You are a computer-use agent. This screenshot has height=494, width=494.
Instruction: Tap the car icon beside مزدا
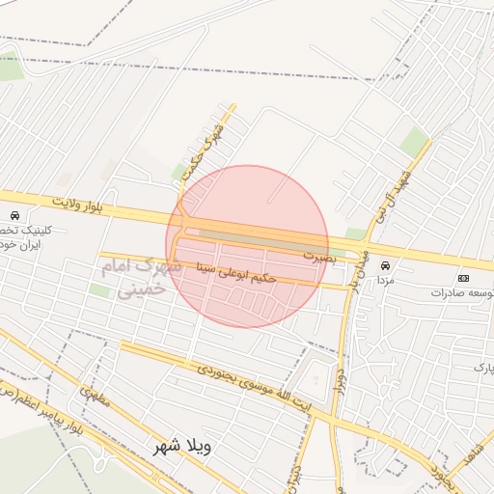pos(386,264)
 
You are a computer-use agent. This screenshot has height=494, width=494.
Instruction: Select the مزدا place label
pos(386,278)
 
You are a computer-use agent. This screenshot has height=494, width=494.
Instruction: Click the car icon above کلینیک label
pos(14,214)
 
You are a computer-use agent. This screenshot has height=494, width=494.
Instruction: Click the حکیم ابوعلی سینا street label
pos(236,272)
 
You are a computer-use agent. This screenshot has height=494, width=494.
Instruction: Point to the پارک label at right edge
pos(483,368)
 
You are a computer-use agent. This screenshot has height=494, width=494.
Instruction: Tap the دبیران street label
pos(293,473)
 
